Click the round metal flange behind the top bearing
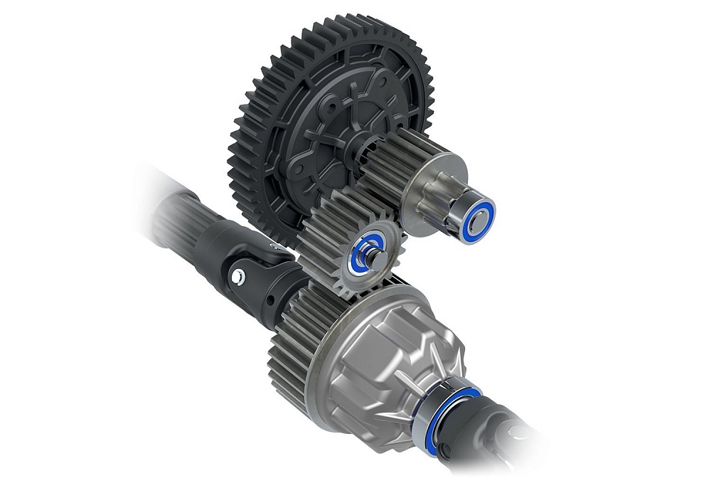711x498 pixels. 434,178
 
